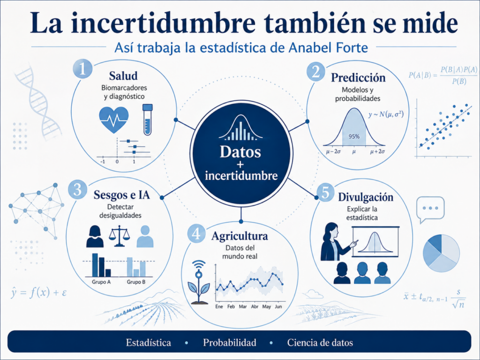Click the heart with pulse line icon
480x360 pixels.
[114, 120]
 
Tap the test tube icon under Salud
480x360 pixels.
[148, 120]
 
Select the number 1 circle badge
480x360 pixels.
[82, 69]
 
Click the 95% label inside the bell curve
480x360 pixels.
[354, 136]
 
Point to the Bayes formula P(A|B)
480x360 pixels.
[443, 75]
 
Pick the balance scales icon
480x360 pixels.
[120, 236]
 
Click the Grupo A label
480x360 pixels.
[101, 282]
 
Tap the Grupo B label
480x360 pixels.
[136, 282]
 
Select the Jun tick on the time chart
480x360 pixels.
[278, 307]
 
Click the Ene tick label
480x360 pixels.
[219, 307]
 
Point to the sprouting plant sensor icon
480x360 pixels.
[199, 282]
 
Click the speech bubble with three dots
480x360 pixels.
[430, 210]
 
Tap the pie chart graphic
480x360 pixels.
[441, 253]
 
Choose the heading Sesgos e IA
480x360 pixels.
[121, 195]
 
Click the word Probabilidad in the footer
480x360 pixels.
[230, 342]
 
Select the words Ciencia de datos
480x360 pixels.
[320, 342]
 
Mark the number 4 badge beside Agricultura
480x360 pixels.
[196, 234]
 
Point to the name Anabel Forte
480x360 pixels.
[328, 48]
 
